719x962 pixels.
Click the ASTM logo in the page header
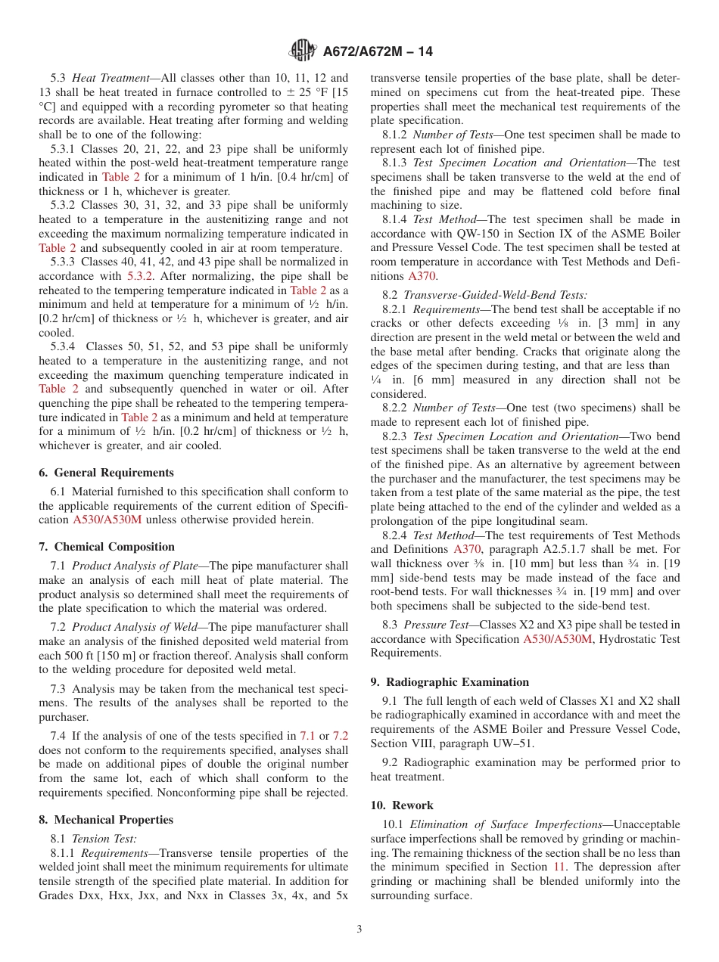click(303, 51)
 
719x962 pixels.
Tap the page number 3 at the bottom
click(359, 929)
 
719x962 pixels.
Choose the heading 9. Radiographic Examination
click(450, 682)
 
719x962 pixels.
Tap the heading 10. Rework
click(402, 805)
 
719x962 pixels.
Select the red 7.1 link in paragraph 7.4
click(307, 736)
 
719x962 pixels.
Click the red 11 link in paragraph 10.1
click(559, 867)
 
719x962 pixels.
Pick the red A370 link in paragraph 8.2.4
click(467, 550)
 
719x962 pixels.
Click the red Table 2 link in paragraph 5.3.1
click(120, 177)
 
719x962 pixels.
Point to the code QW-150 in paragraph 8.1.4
click(470, 234)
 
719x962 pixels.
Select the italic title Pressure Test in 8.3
click(434, 625)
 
